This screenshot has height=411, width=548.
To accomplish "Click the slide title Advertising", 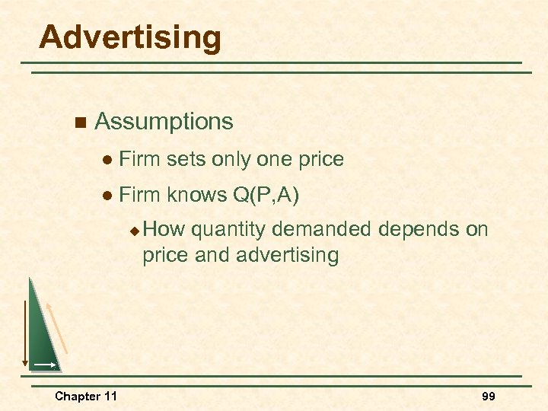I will point(130,37).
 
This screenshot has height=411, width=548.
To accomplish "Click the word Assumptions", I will point(164,122).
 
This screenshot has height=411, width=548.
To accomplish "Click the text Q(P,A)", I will point(264,196).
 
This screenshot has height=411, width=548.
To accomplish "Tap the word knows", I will point(196,196).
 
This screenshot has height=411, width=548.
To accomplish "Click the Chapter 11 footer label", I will point(86,396).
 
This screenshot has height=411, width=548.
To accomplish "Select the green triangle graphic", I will point(41,335).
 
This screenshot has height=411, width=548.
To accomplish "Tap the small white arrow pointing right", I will point(44,365).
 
